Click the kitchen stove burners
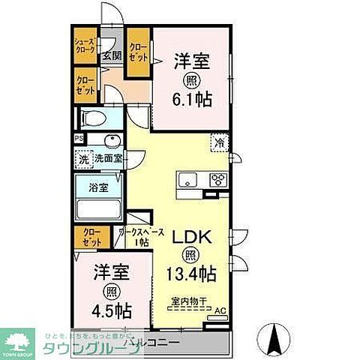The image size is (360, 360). tap(217, 179)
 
